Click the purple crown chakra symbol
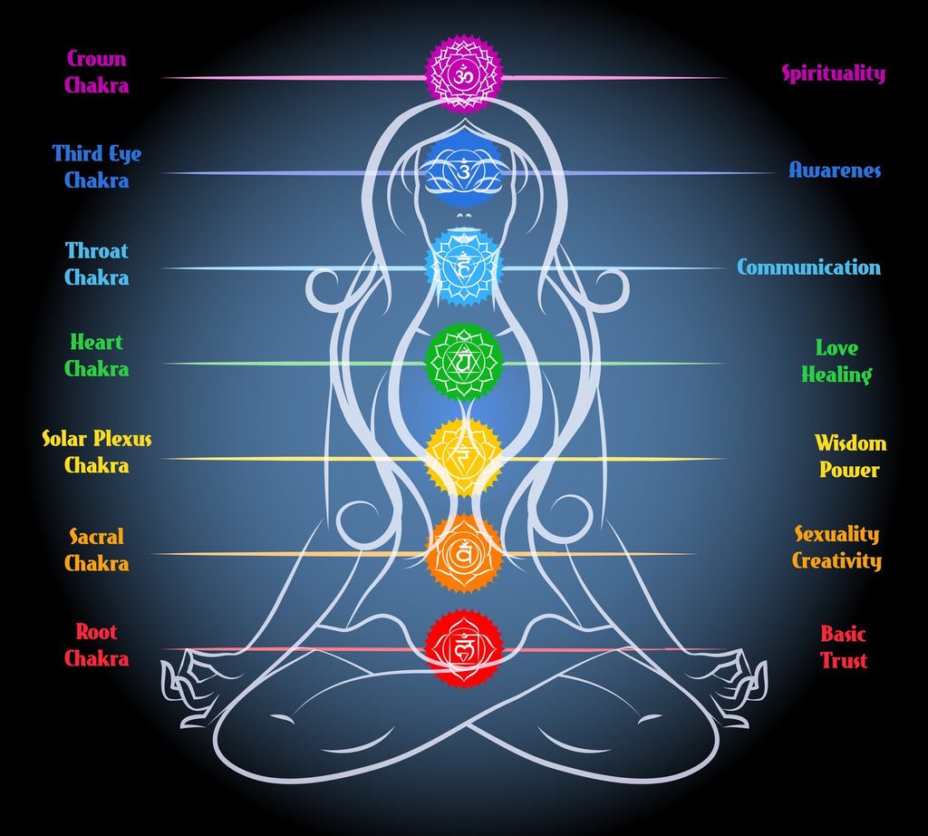(x=464, y=74)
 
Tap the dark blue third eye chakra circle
(x=464, y=170)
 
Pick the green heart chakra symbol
(x=464, y=363)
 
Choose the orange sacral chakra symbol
(x=464, y=553)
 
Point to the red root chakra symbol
(x=464, y=647)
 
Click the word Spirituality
(x=834, y=74)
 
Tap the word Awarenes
(x=835, y=170)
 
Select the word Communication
(x=808, y=267)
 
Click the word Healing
(x=836, y=374)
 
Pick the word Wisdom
(x=850, y=443)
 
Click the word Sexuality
(x=837, y=534)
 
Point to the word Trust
(x=844, y=660)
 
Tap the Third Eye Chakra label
(x=97, y=167)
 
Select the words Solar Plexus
(x=97, y=440)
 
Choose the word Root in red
(x=97, y=632)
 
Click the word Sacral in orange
(x=97, y=537)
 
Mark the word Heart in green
(x=97, y=343)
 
